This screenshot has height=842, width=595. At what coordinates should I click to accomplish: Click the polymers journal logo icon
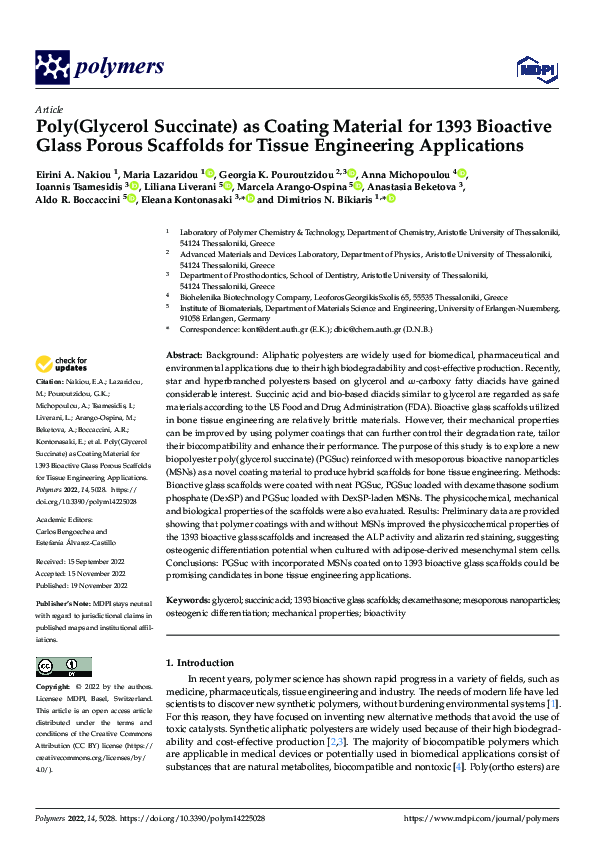53,67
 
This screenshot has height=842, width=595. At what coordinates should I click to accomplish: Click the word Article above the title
49,109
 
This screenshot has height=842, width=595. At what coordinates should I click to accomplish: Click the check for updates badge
62,365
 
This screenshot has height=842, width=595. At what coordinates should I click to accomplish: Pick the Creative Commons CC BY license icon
63,666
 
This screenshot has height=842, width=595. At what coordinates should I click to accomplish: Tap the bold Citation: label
50,383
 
